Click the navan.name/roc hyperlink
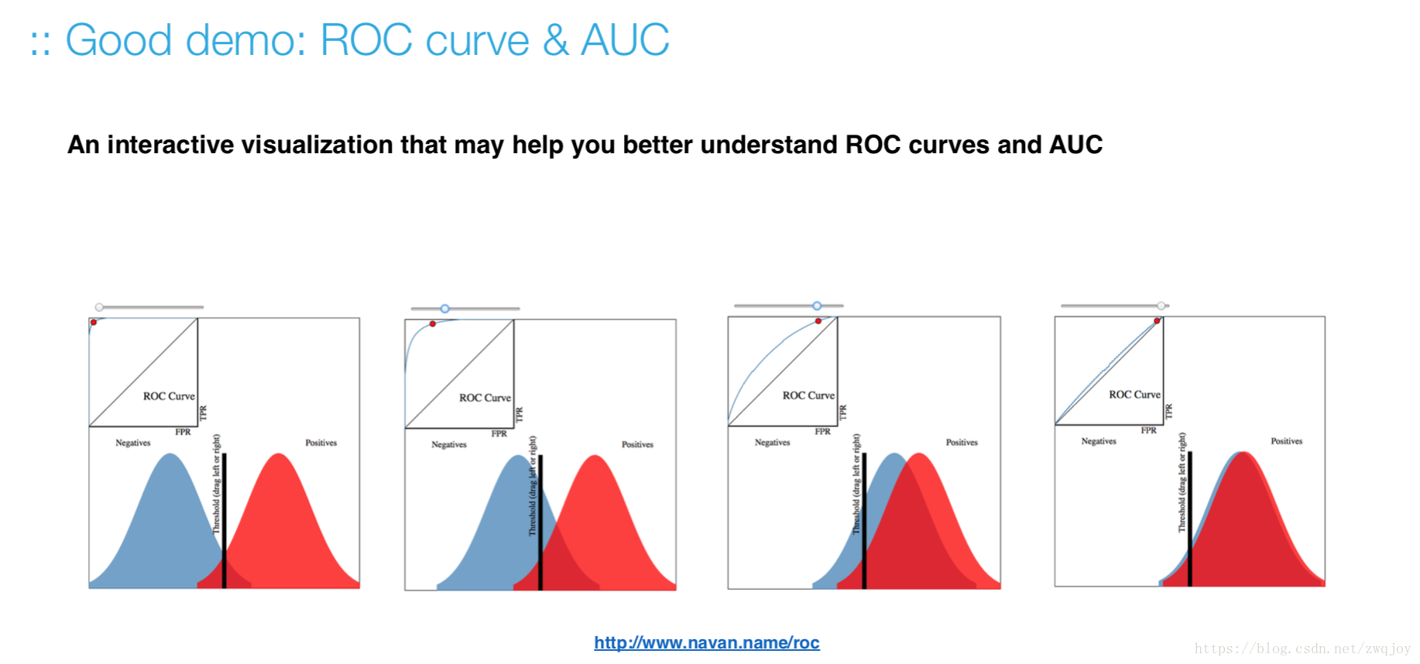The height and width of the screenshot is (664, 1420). coord(707,642)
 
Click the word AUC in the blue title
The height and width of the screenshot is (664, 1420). coord(625,39)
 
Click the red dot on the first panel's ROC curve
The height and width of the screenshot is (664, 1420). coord(94,322)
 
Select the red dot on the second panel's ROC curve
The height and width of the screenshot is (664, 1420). coord(433,323)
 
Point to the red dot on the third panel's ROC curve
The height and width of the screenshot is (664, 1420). coord(818,320)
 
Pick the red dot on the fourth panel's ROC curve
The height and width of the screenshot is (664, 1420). coord(1157,320)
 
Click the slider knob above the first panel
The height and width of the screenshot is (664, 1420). coord(99,307)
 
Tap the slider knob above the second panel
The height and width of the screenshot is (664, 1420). coord(445,309)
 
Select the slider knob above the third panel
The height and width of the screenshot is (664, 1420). coord(817,306)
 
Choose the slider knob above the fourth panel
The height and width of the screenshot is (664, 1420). coord(1161,306)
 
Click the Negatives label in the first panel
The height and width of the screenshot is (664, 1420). coord(133,443)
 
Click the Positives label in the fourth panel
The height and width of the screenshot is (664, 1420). coord(1286,441)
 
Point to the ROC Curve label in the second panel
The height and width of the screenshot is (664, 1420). coord(485,398)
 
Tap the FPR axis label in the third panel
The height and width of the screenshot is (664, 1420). coord(822,431)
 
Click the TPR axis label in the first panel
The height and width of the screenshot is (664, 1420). coord(204,413)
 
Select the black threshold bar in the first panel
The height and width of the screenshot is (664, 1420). coord(225,521)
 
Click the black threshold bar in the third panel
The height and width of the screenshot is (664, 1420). coord(864,521)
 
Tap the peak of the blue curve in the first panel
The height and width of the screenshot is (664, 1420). coord(169,454)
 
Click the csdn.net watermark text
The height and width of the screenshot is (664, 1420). coord(1302,649)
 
